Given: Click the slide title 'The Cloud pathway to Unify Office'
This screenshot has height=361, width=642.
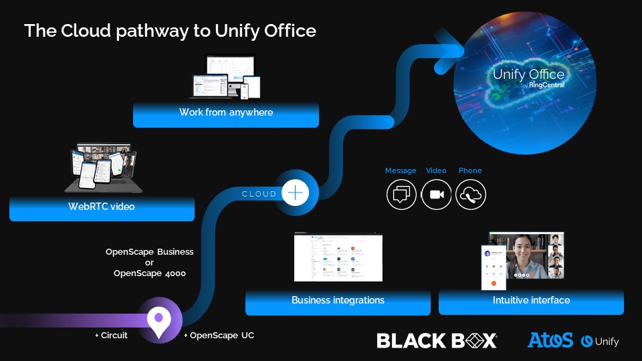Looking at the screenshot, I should point(170,31).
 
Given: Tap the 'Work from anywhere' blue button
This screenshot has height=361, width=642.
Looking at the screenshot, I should point(226,113).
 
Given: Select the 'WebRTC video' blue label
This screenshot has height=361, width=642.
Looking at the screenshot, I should point(102,207).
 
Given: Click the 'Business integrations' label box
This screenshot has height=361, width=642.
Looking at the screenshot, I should point(338,301).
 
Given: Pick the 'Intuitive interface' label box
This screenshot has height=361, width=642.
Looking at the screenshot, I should point(531,301).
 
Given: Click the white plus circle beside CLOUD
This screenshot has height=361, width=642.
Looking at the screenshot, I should point(295,193).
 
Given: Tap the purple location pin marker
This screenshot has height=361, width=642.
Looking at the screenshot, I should point(159,322).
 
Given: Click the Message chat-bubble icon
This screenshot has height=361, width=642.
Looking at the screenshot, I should point(401,195).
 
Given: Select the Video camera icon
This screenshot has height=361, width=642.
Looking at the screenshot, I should point(437,195).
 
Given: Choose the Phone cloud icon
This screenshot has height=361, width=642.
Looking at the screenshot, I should point(471,195).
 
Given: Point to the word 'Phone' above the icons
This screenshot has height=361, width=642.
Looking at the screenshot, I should point(470,171).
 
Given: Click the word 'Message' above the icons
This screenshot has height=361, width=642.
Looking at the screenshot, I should point(401,171).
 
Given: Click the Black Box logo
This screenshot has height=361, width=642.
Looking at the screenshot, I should point(437,340).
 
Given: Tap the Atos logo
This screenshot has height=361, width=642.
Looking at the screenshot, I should point(550,340).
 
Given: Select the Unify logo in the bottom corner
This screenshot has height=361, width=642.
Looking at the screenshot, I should point(600,342).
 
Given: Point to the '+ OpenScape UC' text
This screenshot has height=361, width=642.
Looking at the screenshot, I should point(219,336).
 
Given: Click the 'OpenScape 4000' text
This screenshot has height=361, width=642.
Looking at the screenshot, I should point(150,273).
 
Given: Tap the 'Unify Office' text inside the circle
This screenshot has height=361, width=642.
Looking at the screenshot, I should point(528,74).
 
